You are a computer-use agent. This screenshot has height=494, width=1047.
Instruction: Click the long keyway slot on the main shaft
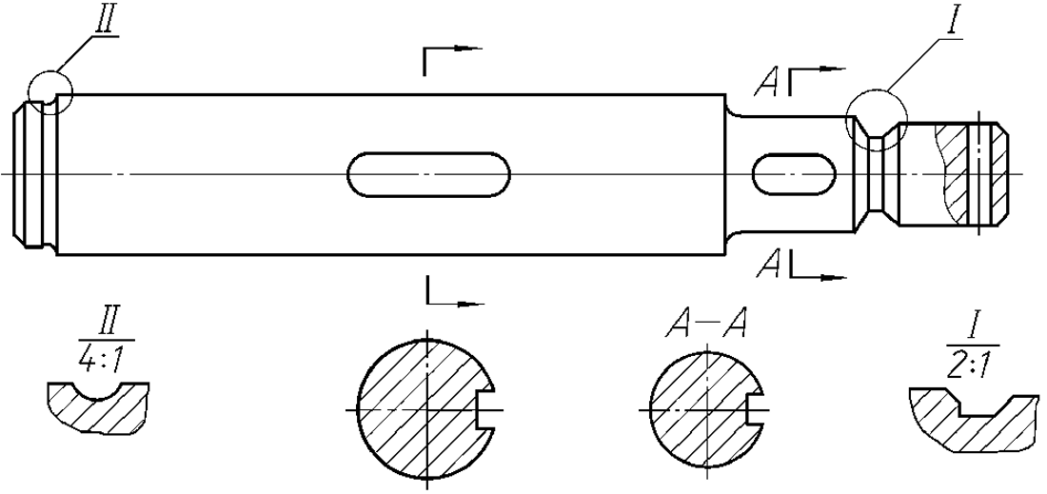point(428,173)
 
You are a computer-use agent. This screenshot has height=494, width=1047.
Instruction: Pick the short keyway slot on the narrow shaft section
point(794,173)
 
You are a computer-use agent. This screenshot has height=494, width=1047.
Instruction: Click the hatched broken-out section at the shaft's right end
point(971,171)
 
